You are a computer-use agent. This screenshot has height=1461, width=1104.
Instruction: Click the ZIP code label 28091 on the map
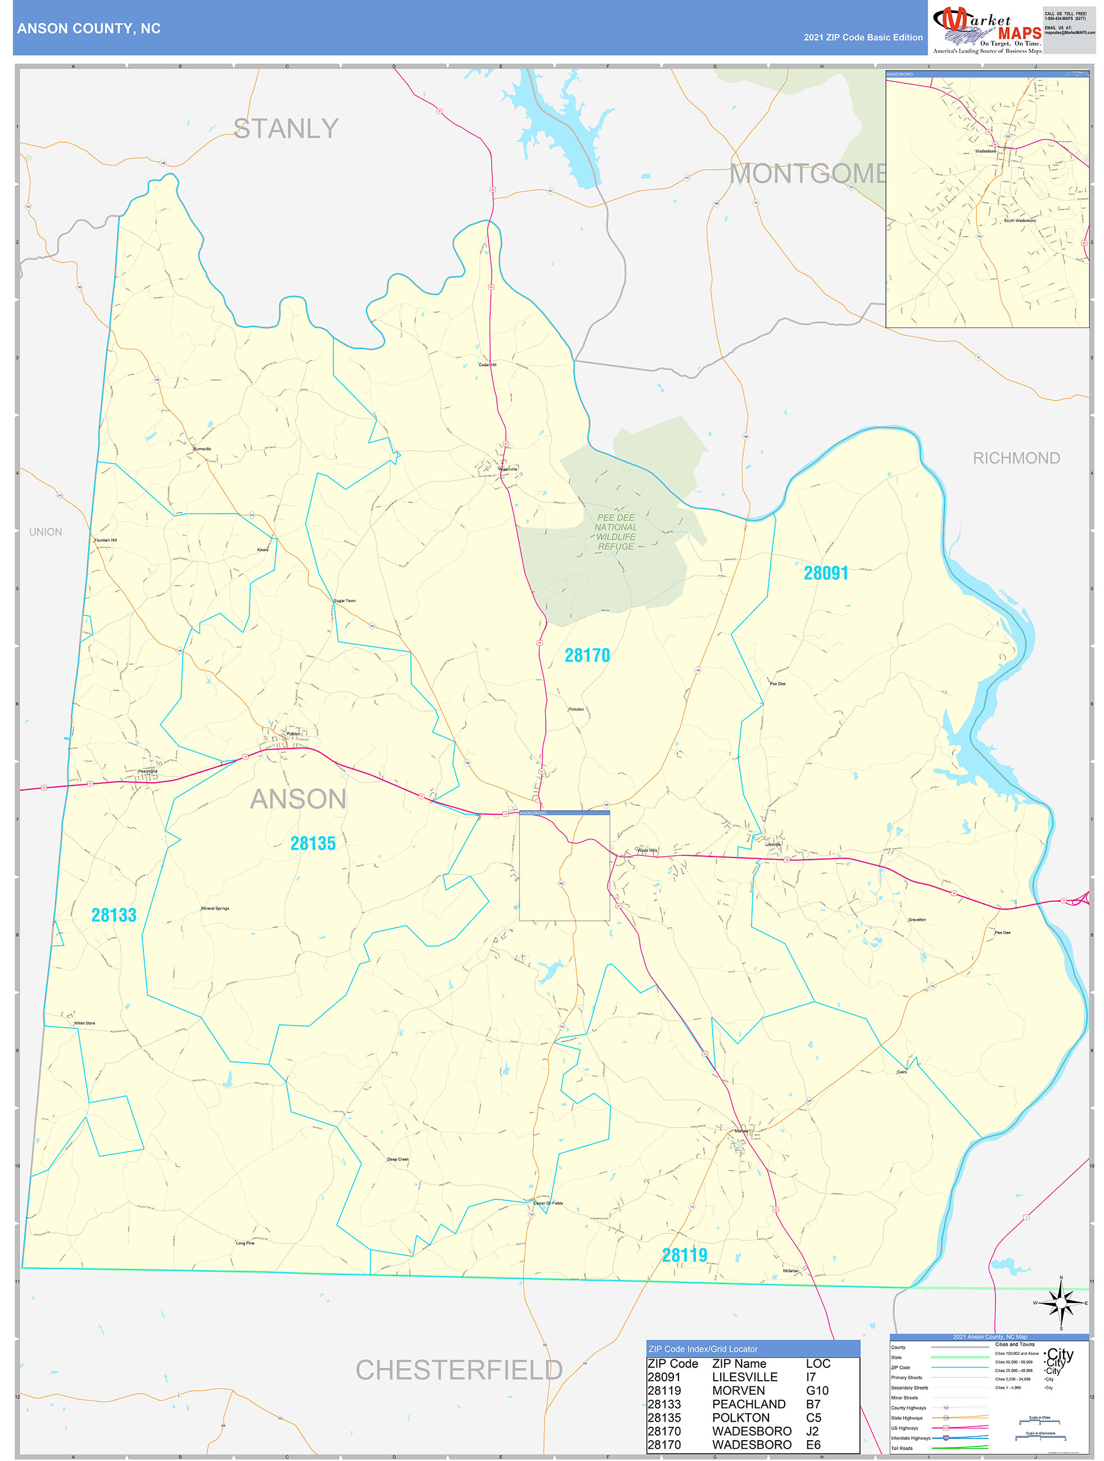pyautogui.click(x=825, y=573)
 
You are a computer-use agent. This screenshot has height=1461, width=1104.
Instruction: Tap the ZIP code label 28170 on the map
pyautogui.click(x=587, y=655)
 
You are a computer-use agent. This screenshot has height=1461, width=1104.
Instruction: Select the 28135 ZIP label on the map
pyautogui.click(x=313, y=843)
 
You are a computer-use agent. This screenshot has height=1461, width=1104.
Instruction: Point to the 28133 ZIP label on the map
pyautogui.click(x=114, y=915)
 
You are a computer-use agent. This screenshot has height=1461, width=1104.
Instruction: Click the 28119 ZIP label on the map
pyautogui.click(x=685, y=1255)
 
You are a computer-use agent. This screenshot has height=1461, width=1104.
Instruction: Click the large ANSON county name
pyautogui.click(x=298, y=799)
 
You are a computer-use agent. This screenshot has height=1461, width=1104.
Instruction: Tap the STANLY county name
pyautogui.click(x=286, y=129)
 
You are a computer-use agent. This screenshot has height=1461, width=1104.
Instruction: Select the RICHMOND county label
pyautogui.click(x=1016, y=459)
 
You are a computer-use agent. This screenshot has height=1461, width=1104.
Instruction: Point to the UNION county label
pyautogui.click(x=46, y=532)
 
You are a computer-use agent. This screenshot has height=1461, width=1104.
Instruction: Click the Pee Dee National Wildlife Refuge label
pyautogui.click(x=616, y=532)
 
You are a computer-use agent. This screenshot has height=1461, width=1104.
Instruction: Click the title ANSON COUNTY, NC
pyautogui.click(x=88, y=29)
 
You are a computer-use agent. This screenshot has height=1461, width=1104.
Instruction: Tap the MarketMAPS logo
pyautogui.click(x=987, y=29)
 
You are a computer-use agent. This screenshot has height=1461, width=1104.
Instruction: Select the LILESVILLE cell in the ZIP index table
pyautogui.click(x=745, y=1377)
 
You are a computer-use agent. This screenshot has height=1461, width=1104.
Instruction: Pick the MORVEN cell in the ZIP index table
pyautogui.click(x=738, y=1390)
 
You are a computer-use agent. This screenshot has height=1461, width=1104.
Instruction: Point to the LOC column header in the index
pyautogui.click(x=817, y=1363)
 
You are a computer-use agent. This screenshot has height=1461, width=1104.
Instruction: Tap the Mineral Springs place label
pyautogui.click(x=215, y=909)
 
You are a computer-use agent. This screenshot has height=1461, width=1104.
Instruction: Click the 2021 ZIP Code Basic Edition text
pyautogui.click(x=863, y=38)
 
